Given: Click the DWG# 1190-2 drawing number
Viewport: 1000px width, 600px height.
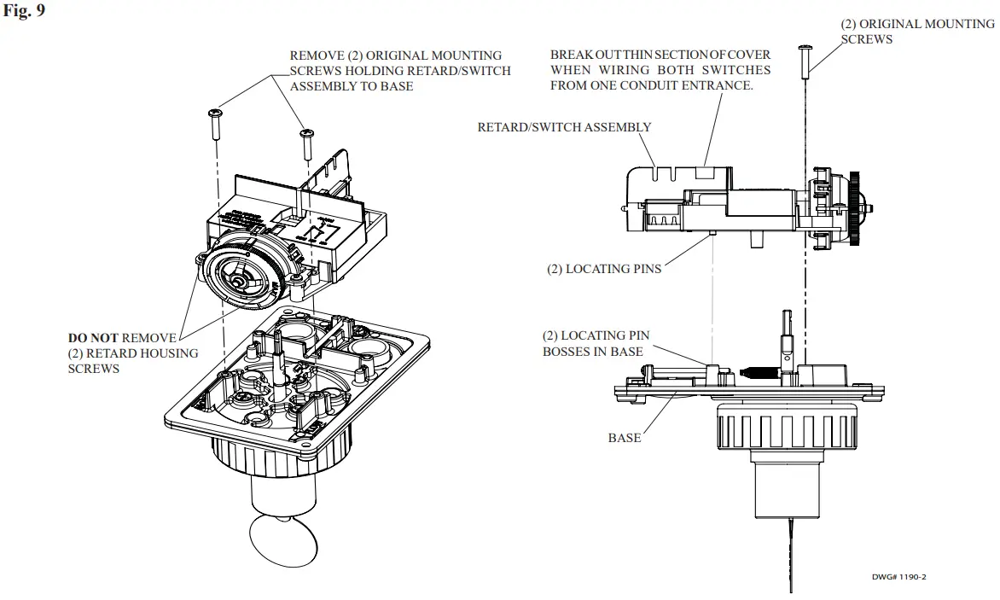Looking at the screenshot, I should (x=898, y=577).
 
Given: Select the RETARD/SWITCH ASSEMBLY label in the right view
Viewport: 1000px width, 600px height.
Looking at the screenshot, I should (x=564, y=127).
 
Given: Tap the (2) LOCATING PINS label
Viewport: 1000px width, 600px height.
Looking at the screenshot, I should (x=604, y=269).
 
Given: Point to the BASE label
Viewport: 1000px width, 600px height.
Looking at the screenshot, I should (x=624, y=438).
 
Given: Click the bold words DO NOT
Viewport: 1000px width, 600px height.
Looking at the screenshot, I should (x=93, y=339).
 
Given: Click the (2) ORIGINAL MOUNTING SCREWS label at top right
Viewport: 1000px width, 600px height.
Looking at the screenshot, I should (x=917, y=32).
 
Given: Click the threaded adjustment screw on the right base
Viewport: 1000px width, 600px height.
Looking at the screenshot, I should (x=758, y=373).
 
